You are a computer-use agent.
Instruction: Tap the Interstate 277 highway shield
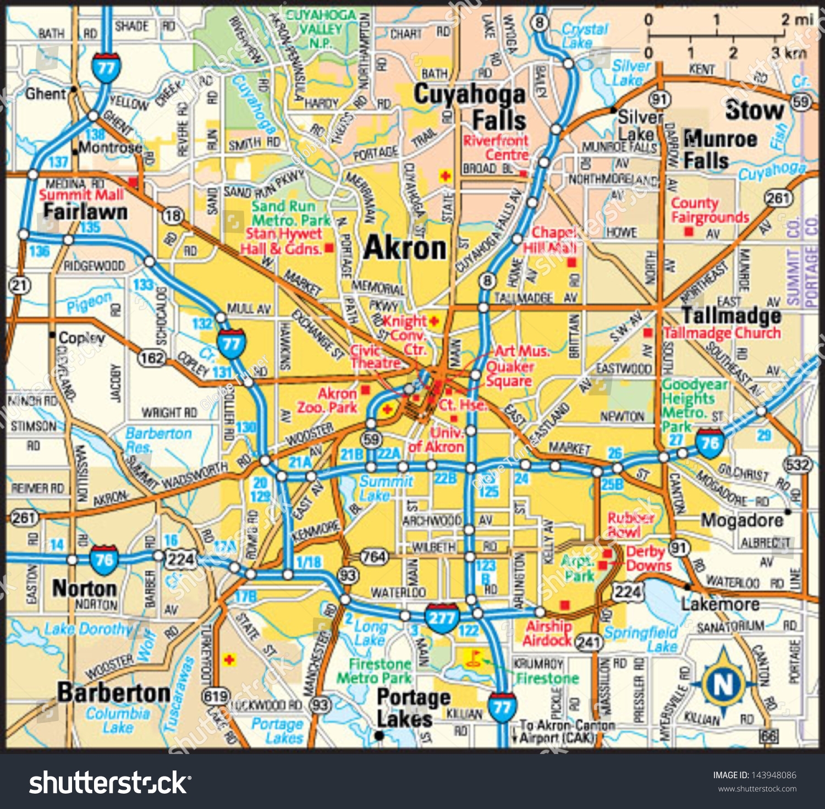[x=442, y=619]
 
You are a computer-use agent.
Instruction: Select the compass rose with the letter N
[x=723, y=684]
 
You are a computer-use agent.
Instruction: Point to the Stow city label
[x=754, y=110]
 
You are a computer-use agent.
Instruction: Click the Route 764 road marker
[x=374, y=557]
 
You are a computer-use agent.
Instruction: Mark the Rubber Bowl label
[x=630, y=524]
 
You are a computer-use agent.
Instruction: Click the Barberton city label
[x=114, y=692]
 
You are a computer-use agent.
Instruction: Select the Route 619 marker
[x=216, y=696]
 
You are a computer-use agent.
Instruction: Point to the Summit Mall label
[x=81, y=194]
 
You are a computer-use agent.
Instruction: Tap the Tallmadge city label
[x=731, y=315]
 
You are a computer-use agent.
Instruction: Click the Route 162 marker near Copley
[x=152, y=358]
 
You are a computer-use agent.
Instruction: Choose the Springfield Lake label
[x=641, y=639]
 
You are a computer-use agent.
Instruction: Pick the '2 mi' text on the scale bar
[x=796, y=20]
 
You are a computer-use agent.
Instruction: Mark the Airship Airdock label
[x=548, y=633]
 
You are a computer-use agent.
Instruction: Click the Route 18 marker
[x=173, y=215]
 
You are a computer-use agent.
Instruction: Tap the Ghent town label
[x=45, y=93]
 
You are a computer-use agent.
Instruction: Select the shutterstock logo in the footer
[x=110, y=783]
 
